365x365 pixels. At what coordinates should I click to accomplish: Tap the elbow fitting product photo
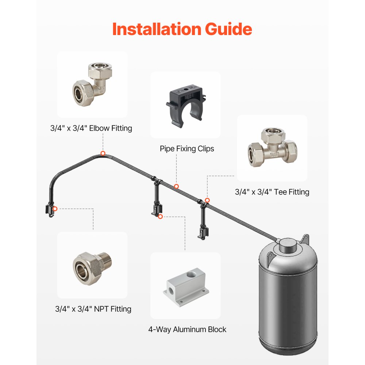click(x=92, y=84)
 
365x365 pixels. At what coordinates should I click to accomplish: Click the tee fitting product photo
click(x=272, y=148)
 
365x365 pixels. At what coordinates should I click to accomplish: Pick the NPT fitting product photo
click(x=92, y=265)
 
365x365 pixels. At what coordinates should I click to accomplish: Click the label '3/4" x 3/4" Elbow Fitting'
click(x=91, y=128)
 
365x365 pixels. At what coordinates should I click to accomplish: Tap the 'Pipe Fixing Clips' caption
click(x=187, y=149)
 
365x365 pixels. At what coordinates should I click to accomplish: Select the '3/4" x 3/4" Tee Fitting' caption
click(x=272, y=192)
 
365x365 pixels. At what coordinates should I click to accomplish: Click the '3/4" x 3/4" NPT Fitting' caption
click(x=93, y=309)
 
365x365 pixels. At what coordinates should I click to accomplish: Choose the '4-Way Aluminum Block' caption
click(x=187, y=329)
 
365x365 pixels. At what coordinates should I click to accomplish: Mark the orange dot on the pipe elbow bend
click(x=103, y=153)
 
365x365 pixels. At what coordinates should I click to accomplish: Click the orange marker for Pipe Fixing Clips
click(x=176, y=186)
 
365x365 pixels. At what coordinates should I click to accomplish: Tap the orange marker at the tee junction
click(x=207, y=200)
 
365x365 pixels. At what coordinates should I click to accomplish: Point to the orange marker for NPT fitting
click(x=55, y=209)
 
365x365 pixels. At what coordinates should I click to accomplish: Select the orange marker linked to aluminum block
click(x=160, y=216)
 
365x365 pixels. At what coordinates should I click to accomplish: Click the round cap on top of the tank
click(x=287, y=244)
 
